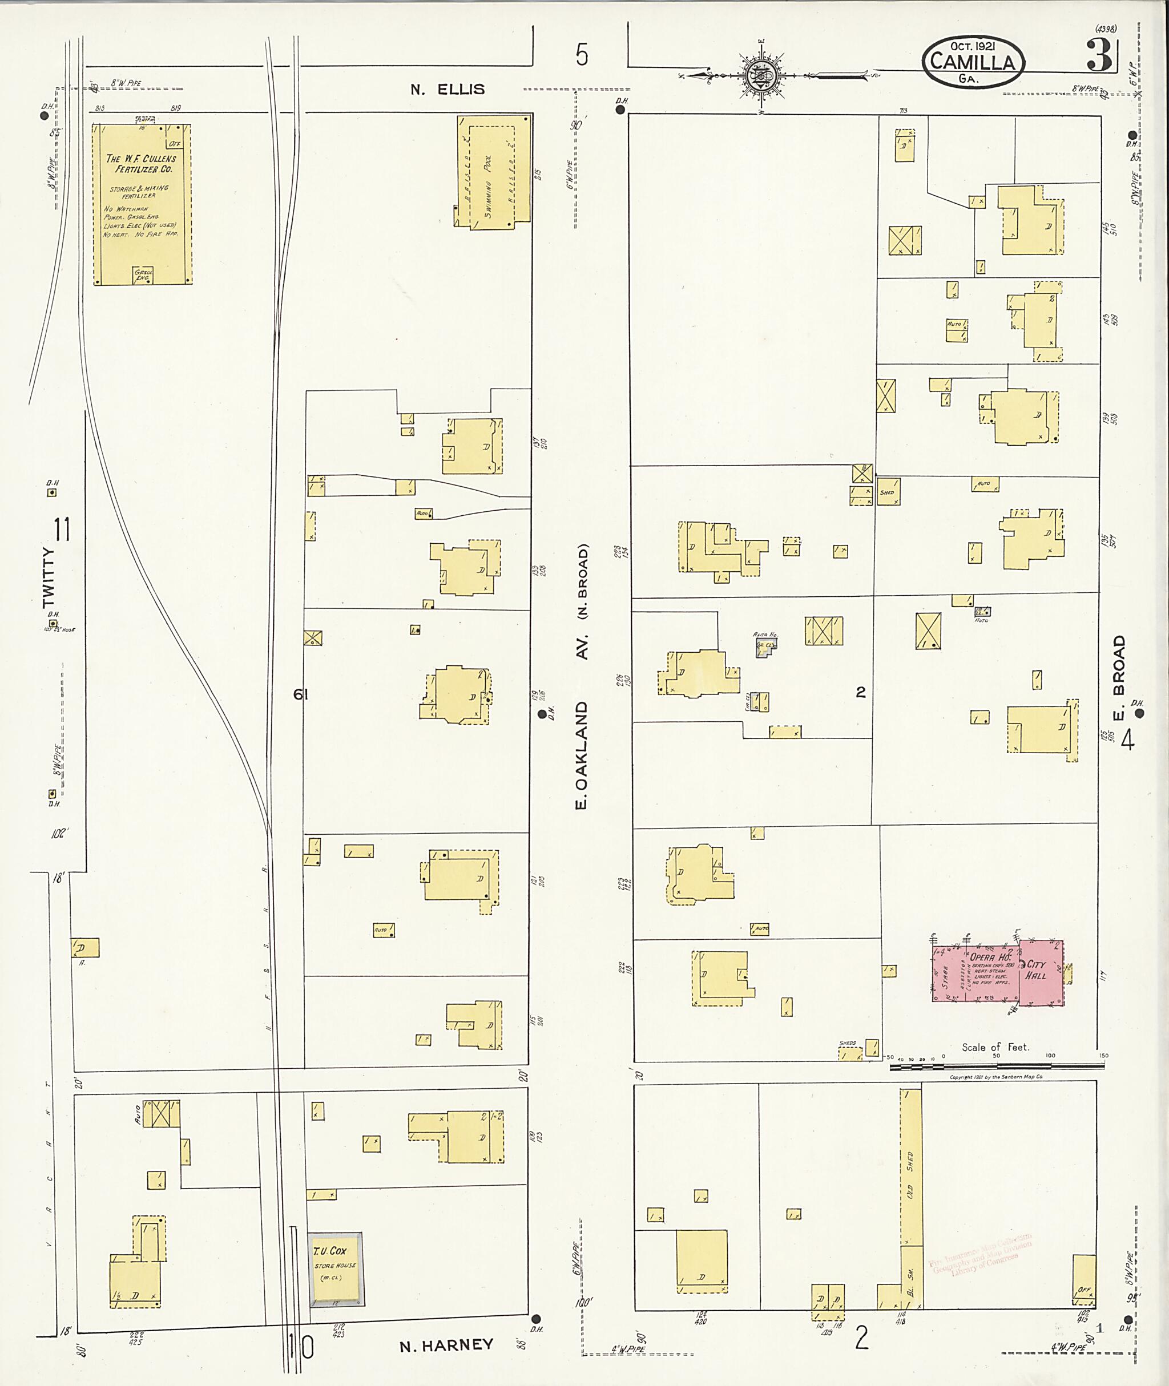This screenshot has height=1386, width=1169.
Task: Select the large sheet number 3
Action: click(x=1098, y=57)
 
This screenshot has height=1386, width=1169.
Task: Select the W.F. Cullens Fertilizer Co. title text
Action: click(x=141, y=164)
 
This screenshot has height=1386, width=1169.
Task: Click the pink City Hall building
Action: click(x=1041, y=972)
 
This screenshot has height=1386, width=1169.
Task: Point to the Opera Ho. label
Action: click(x=989, y=957)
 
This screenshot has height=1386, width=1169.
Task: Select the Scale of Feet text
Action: click(x=995, y=1048)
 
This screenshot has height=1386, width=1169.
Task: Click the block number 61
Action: click(x=301, y=694)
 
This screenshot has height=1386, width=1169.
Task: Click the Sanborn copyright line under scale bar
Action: click(x=996, y=1077)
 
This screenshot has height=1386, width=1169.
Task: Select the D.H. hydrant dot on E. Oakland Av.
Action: click(x=542, y=713)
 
